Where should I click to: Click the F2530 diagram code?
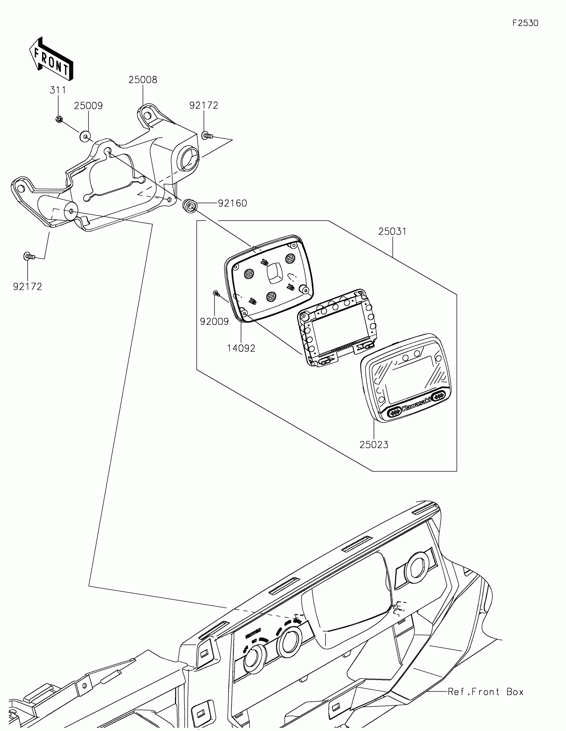coord(525,23)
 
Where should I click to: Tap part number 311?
coord(58,90)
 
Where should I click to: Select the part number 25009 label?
coord(88,106)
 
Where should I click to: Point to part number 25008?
coord(143,80)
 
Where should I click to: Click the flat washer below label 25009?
coord(85,136)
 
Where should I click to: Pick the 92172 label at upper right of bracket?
coord(203,106)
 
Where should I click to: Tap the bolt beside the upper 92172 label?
coord(207,135)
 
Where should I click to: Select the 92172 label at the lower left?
coord(27,287)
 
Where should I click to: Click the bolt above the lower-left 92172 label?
coord(29,257)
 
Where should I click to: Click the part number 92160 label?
coord(232,203)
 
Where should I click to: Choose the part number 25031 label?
coord(392,231)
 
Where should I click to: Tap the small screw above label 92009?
coord(216,294)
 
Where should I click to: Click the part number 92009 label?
coord(214,321)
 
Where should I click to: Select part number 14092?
coord(241,349)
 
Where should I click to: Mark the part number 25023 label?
coord(374,445)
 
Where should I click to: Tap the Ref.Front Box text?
coord(485,692)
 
